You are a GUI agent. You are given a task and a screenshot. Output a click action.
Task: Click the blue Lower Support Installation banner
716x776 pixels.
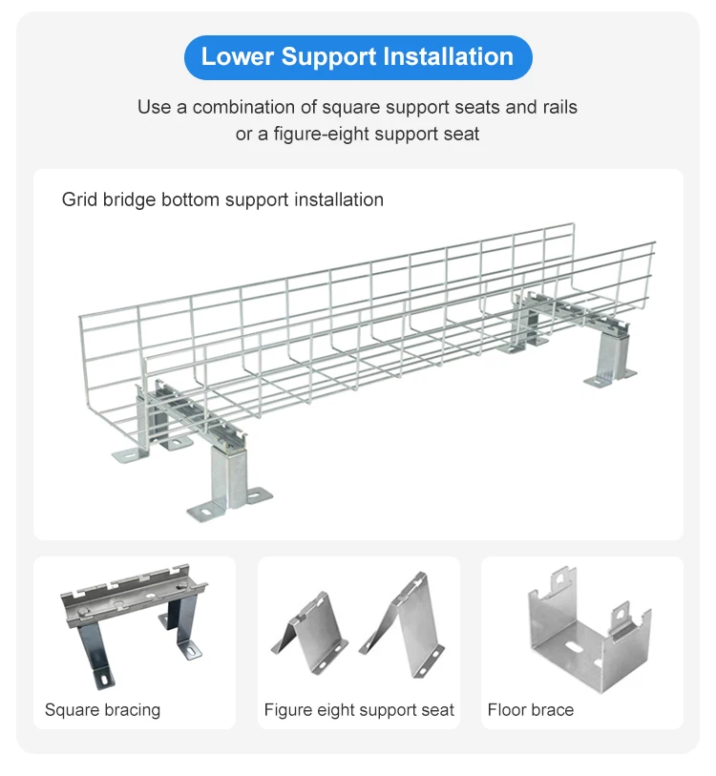pyautogui.click(x=357, y=57)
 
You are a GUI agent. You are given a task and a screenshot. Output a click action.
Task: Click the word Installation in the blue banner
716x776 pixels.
pyautogui.click(x=449, y=57)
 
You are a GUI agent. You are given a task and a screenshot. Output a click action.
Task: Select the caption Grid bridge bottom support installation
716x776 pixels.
pyautogui.click(x=222, y=199)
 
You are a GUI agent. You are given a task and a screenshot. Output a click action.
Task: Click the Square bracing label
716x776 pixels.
pyautogui.click(x=102, y=709)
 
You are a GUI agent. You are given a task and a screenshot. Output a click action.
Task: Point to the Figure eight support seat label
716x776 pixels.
pyautogui.click(x=359, y=709)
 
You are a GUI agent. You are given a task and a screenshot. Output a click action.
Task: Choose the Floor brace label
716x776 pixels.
pyautogui.click(x=530, y=709)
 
